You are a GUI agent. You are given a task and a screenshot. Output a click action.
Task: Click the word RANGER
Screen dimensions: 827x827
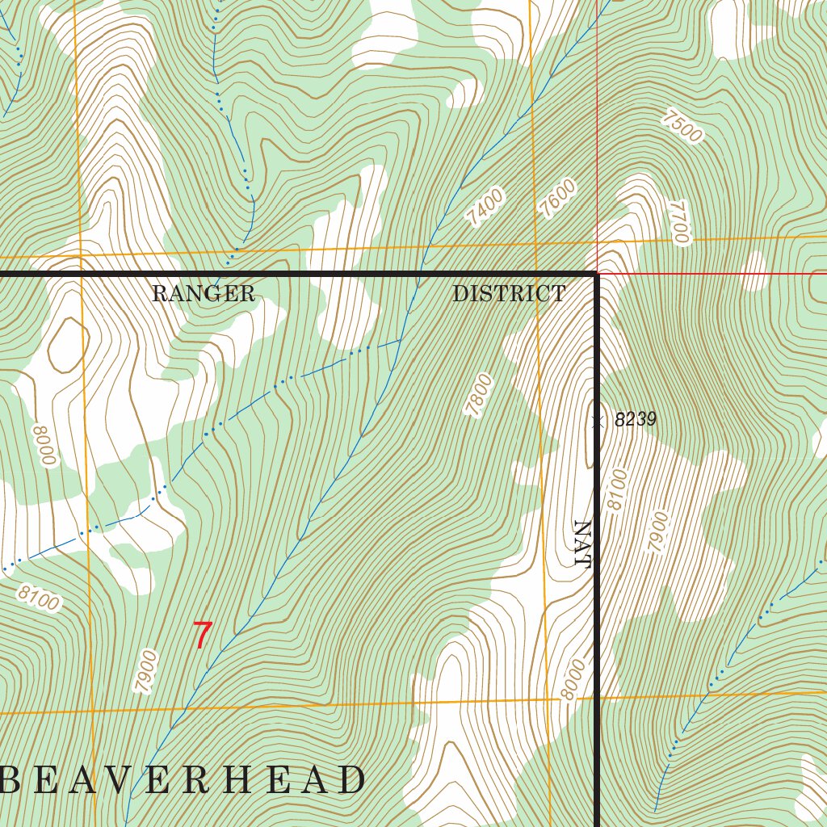point(204,294)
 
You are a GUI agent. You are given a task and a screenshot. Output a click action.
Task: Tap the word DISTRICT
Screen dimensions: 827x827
point(509,294)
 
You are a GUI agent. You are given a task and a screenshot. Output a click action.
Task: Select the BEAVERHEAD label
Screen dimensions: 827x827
point(183,780)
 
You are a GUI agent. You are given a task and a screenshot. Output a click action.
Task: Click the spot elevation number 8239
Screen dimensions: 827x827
point(635,420)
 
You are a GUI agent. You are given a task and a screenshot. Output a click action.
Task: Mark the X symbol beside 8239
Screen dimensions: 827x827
point(598,420)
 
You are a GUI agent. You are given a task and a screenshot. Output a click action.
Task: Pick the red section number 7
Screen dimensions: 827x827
point(202,636)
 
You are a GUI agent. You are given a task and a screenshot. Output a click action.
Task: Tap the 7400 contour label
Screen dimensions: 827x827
point(485,206)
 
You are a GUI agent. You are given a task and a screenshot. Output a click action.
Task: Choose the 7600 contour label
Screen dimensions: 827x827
point(558,198)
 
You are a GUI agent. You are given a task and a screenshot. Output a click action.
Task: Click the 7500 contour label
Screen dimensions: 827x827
point(682,126)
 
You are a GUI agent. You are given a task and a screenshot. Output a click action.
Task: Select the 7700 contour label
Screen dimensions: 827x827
point(678,223)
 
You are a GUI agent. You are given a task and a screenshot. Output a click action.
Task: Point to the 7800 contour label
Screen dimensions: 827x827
point(478,395)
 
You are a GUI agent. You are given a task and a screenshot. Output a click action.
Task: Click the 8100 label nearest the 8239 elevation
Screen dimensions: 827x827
point(616,489)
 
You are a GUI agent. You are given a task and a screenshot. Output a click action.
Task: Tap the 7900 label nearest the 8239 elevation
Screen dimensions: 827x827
point(659,532)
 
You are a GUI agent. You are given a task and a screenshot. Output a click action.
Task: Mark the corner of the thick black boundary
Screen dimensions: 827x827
point(597,275)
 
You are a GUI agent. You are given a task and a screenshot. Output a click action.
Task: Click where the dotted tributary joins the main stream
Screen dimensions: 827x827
point(401,341)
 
